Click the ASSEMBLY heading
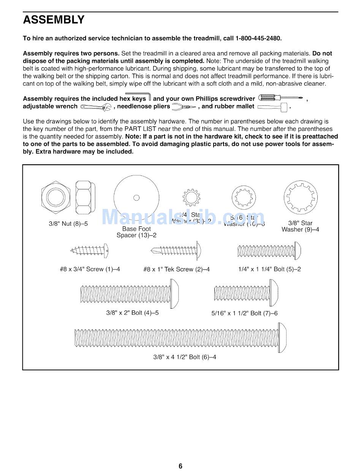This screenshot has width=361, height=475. [54, 20]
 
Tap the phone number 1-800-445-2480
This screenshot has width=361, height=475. [258, 38]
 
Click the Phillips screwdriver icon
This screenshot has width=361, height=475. [280, 99]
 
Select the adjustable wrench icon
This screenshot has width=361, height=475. [95, 107]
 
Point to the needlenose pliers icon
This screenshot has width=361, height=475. [184, 107]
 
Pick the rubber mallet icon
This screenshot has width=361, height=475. [272, 107]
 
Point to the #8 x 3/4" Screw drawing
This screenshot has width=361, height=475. [90, 251]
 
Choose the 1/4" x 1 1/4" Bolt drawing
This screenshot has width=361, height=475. [269, 251]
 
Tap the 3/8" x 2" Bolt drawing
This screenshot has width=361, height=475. [130, 293]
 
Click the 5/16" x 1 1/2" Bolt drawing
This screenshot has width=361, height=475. [246, 293]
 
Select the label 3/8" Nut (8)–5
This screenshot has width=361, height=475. [68, 224]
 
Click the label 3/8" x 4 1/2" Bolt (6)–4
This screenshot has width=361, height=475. [185, 357]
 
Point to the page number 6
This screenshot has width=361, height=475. [180, 466]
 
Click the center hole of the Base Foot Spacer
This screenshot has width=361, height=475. [137, 197]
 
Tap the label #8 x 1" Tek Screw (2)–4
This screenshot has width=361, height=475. [176, 269]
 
